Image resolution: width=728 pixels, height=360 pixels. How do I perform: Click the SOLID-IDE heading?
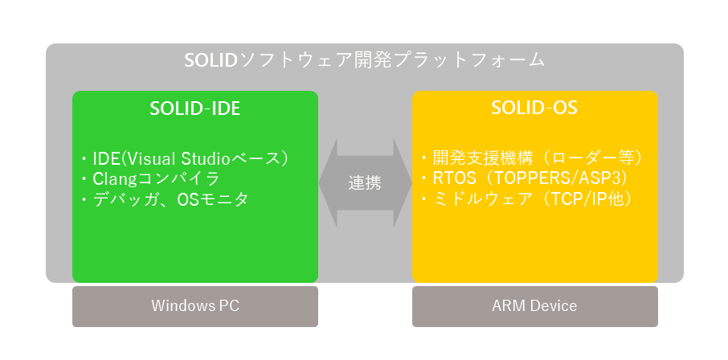(195, 108)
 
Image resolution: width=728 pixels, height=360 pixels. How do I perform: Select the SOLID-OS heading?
(534, 108)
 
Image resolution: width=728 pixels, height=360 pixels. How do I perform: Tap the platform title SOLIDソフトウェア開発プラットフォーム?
(365, 60)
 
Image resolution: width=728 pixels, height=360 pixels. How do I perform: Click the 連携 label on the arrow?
(365, 183)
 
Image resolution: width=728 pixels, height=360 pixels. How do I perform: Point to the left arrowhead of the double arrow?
(328, 183)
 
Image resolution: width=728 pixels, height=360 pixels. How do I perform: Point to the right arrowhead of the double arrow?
(403, 183)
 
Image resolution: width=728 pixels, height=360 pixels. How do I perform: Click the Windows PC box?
(195, 306)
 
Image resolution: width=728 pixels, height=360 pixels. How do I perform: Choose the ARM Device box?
(535, 306)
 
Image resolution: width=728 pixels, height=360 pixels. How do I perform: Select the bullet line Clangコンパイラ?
(149, 179)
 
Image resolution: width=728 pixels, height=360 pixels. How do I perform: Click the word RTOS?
(455, 179)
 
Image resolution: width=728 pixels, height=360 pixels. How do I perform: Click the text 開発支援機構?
(474, 158)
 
